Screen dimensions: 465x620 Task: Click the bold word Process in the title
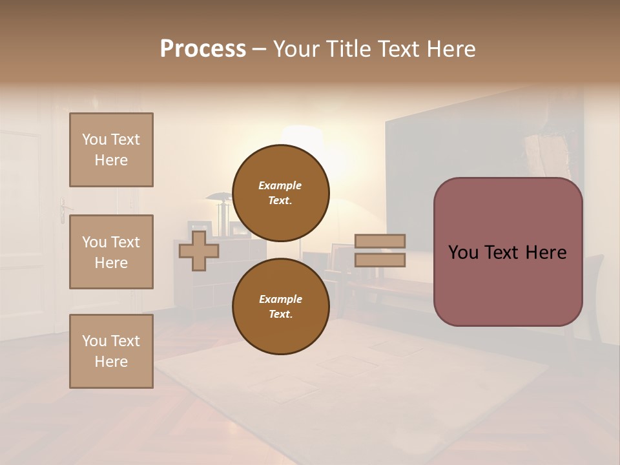point(203,48)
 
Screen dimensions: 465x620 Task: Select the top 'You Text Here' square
point(111,150)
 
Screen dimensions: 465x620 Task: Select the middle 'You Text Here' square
point(111,252)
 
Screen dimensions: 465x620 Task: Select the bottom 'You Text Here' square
point(111,351)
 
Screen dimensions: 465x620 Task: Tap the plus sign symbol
point(199,251)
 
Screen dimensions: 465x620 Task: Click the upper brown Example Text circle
point(280,193)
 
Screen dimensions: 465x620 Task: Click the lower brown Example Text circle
point(280,307)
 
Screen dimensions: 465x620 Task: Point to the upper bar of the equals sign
point(380,242)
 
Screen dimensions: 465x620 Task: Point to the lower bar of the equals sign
point(380,260)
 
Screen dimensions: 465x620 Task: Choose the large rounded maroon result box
point(508,252)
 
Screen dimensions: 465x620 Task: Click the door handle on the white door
point(63,209)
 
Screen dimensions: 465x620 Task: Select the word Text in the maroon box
point(509,252)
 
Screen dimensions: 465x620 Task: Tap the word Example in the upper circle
point(280,185)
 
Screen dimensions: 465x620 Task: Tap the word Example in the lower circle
point(280,299)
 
